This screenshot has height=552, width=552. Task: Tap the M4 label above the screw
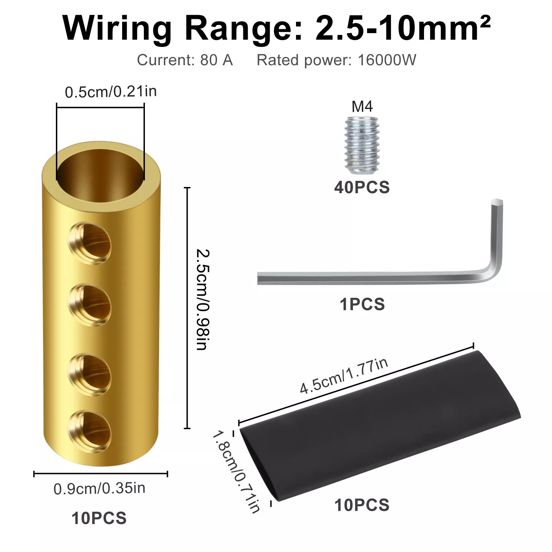point(362,107)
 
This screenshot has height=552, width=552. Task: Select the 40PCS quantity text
point(362,187)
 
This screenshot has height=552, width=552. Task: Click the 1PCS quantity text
point(362,304)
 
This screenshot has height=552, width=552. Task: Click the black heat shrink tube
point(379,426)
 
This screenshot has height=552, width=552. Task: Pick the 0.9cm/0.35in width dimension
point(99,489)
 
